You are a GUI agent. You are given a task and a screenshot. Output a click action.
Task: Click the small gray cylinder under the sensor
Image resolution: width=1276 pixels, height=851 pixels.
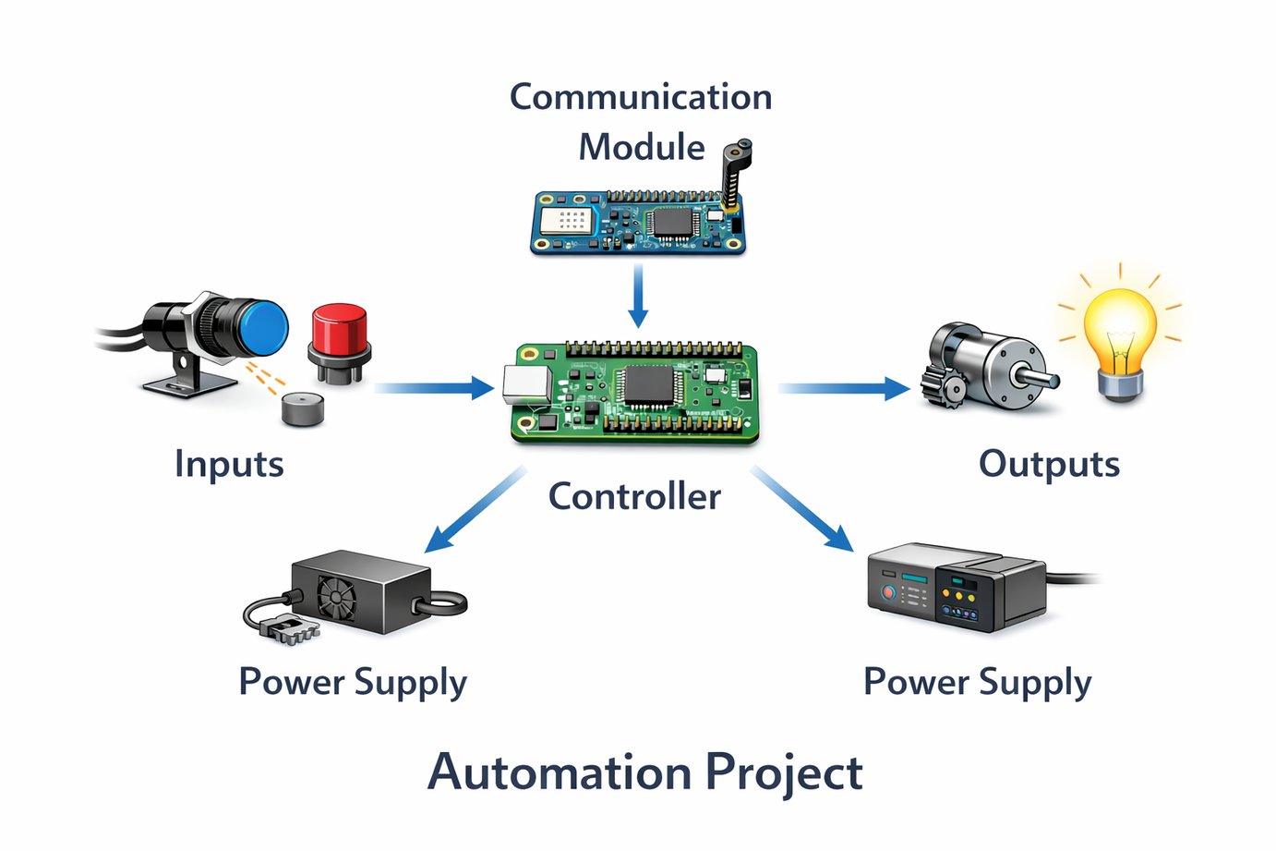pos(303,408)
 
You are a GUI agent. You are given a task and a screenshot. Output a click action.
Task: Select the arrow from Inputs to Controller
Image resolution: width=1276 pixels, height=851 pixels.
pos(434,388)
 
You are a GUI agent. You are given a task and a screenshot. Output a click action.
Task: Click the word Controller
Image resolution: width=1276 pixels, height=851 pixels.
pos(634,497)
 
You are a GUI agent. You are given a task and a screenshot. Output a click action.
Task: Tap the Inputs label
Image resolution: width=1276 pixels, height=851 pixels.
pos(229,464)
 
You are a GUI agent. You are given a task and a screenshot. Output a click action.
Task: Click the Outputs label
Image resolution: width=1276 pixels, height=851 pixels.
pos(1049,464)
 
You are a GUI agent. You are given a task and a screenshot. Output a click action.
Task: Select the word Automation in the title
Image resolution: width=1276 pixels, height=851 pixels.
pos(560,772)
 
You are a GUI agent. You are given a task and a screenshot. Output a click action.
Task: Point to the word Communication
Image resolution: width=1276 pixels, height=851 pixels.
pos(641,97)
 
